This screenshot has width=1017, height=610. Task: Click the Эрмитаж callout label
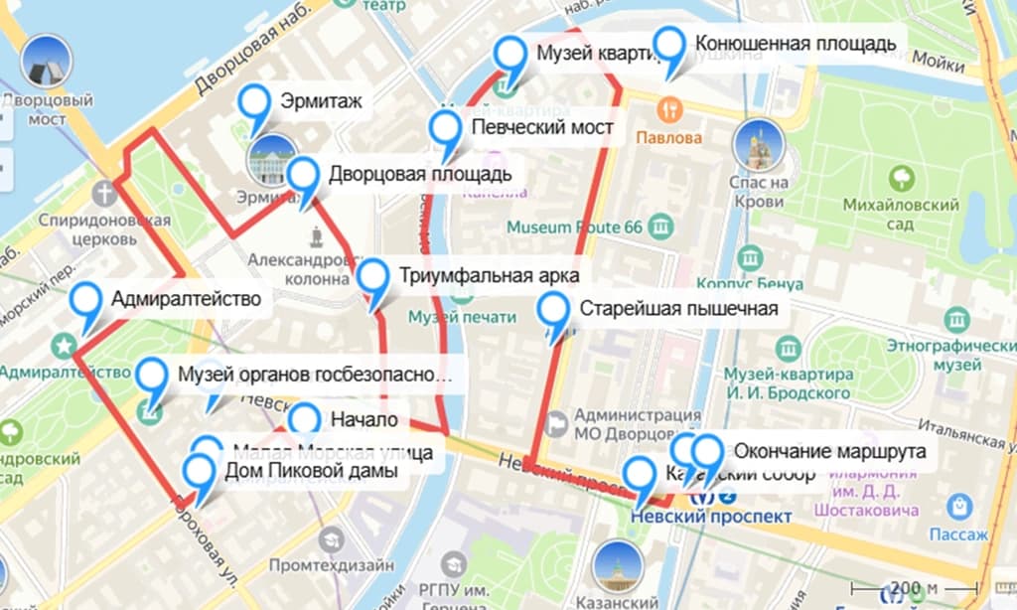[320, 100]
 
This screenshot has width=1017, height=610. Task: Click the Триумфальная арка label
[489, 275]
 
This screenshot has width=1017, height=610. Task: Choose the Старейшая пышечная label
[678, 308]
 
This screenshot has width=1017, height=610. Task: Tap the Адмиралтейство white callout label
[186, 298]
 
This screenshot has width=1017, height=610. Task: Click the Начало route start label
[364, 419]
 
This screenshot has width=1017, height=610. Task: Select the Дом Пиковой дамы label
[312, 470]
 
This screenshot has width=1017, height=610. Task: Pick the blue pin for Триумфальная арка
[374, 280]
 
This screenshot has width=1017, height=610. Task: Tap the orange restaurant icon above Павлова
[670, 107]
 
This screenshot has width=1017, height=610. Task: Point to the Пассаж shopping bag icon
[959, 508]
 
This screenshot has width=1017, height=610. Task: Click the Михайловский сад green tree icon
[903, 179]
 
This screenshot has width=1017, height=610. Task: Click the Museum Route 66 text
[575, 228]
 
